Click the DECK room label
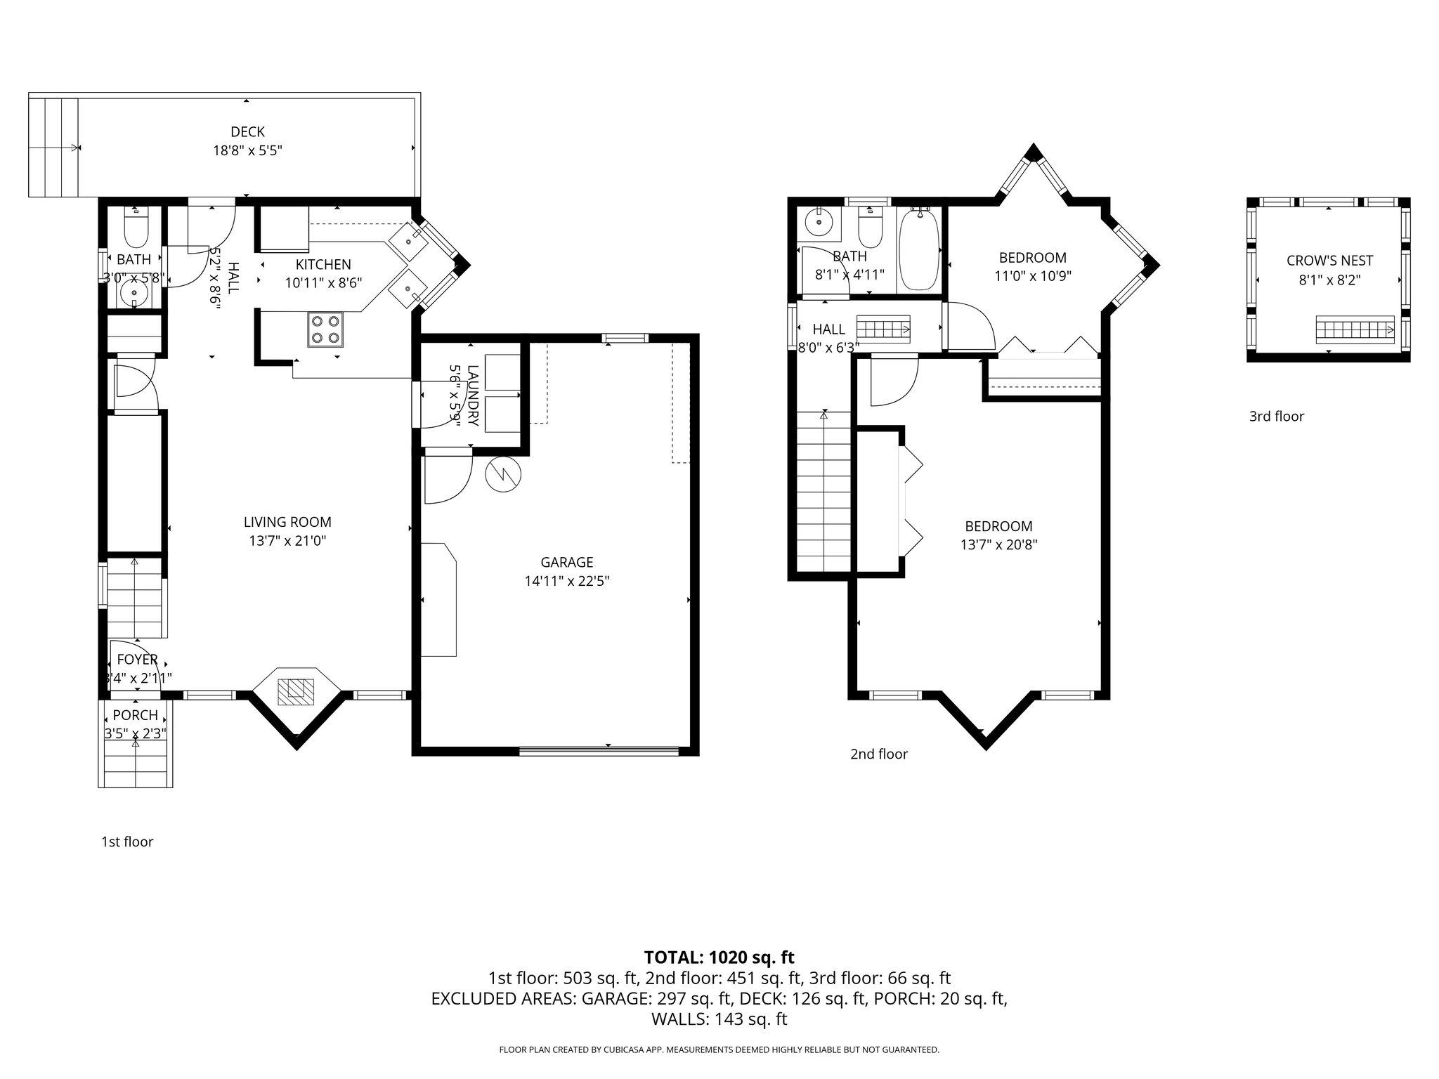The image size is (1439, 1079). [x=247, y=131]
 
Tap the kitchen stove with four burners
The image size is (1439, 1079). [x=326, y=329]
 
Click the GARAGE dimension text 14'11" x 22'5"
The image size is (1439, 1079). [x=566, y=581]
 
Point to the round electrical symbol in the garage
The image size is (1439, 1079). [x=504, y=474]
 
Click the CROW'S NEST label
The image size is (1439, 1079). [x=1329, y=261]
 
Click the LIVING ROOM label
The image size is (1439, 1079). [x=287, y=522]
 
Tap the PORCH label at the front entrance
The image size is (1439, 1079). [x=135, y=715]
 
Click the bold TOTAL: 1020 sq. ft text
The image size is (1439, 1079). [x=719, y=957]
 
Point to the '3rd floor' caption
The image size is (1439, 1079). [x=1276, y=417]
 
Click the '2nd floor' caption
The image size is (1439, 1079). [x=878, y=754]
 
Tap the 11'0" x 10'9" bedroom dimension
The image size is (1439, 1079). [x=1032, y=276]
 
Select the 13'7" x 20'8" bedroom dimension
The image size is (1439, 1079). [x=998, y=544]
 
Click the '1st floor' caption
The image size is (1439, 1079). [x=127, y=842]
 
